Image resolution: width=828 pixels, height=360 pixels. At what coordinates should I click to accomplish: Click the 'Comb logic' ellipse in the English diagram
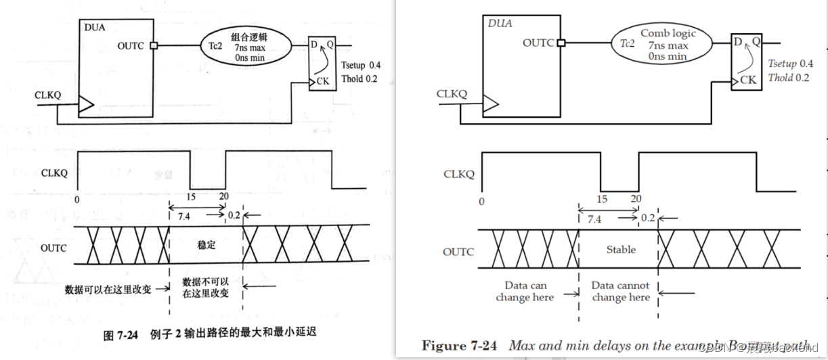pos(663,45)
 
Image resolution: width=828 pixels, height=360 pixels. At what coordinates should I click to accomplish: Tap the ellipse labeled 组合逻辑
pos(246,45)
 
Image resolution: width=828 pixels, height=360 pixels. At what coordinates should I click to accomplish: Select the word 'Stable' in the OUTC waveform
pos(621,250)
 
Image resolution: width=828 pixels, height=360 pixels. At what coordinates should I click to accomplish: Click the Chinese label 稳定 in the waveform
pos(206,244)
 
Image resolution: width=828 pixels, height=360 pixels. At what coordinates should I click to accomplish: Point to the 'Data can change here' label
pos(525,292)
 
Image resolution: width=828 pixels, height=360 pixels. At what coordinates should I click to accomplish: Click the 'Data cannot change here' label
pos(621,292)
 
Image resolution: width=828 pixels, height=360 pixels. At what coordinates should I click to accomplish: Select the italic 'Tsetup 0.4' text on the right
pos(790,64)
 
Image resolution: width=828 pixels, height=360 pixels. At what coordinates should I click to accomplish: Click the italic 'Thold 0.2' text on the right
pos(789,78)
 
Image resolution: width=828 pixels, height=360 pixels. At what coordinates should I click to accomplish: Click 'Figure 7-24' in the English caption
pos(459,346)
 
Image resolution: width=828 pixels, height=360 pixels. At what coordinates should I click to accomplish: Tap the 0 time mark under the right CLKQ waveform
pos(481,201)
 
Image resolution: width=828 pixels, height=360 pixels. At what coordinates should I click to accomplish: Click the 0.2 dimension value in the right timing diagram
pos(648,218)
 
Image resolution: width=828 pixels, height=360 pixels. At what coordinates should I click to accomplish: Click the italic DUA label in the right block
pos(500,24)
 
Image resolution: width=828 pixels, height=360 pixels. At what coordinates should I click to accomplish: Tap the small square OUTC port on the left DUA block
pos(154,46)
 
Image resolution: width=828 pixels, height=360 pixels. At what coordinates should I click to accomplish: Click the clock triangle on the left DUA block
pos(87,104)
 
